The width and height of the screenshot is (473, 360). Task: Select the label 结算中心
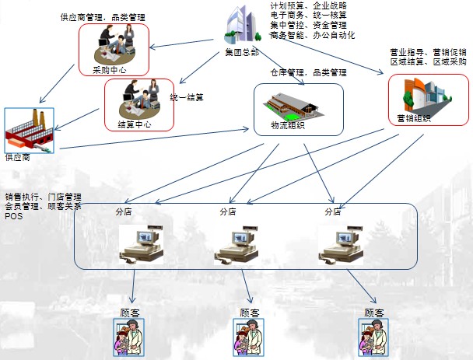click(133, 124)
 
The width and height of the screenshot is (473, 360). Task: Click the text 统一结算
click(186, 97)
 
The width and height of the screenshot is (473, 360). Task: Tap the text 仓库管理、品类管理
click(308, 72)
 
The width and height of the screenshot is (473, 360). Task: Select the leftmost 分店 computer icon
click(142, 243)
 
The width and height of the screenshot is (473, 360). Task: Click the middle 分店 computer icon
click(238, 243)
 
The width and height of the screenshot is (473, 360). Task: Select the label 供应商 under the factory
click(18, 157)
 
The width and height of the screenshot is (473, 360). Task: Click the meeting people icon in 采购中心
click(114, 47)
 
